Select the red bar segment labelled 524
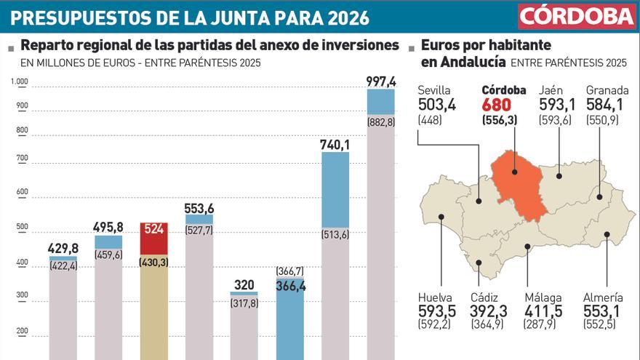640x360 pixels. pyautogui.click(x=153, y=239)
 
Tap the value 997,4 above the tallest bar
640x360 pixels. pyautogui.click(x=381, y=81)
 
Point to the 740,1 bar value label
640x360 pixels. pyautogui.click(x=335, y=145)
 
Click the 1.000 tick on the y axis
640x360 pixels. pyautogui.click(x=19, y=81)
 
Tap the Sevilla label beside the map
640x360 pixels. pyautogui.click(x=434, y=90)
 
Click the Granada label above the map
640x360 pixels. pyautogui.click(x=606, y=90)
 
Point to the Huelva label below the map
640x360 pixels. pyautogui.click(x=435, y=297)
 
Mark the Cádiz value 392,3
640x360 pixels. pyautogui.click(x=488, y=311)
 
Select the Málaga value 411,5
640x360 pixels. pyautogui.click(x=543, y=311)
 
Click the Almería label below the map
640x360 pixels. pyautogui.click(x=603, y=297)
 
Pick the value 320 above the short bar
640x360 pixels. pyautogui.click(x=244, y=285)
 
